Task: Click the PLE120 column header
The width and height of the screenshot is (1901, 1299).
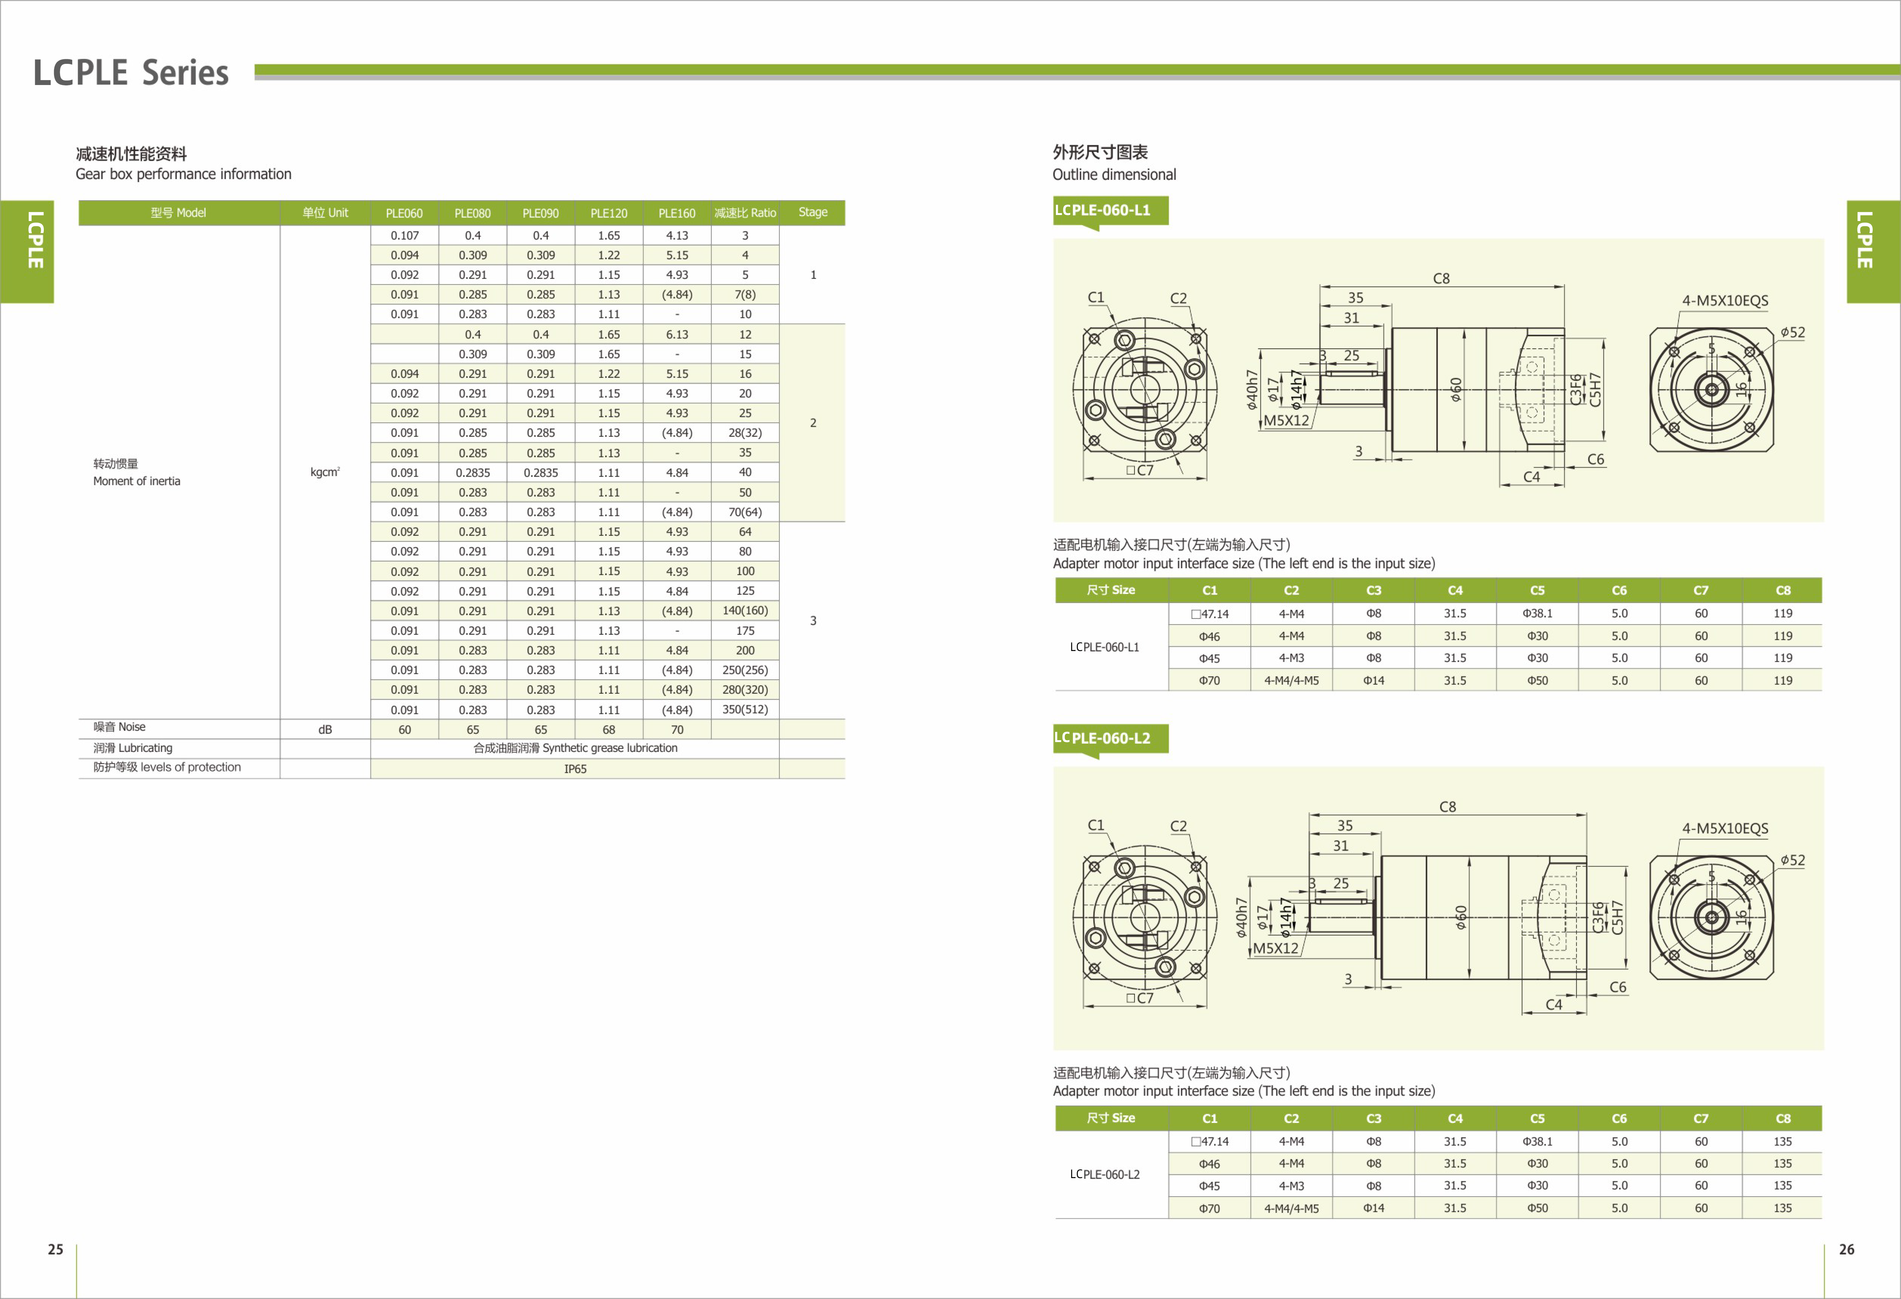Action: point(609,213)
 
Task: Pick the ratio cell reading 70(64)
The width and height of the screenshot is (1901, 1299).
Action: point(745,512)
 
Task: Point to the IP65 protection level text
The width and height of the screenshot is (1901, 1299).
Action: point(575,769)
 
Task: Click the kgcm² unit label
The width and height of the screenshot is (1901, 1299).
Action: point(325,472)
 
